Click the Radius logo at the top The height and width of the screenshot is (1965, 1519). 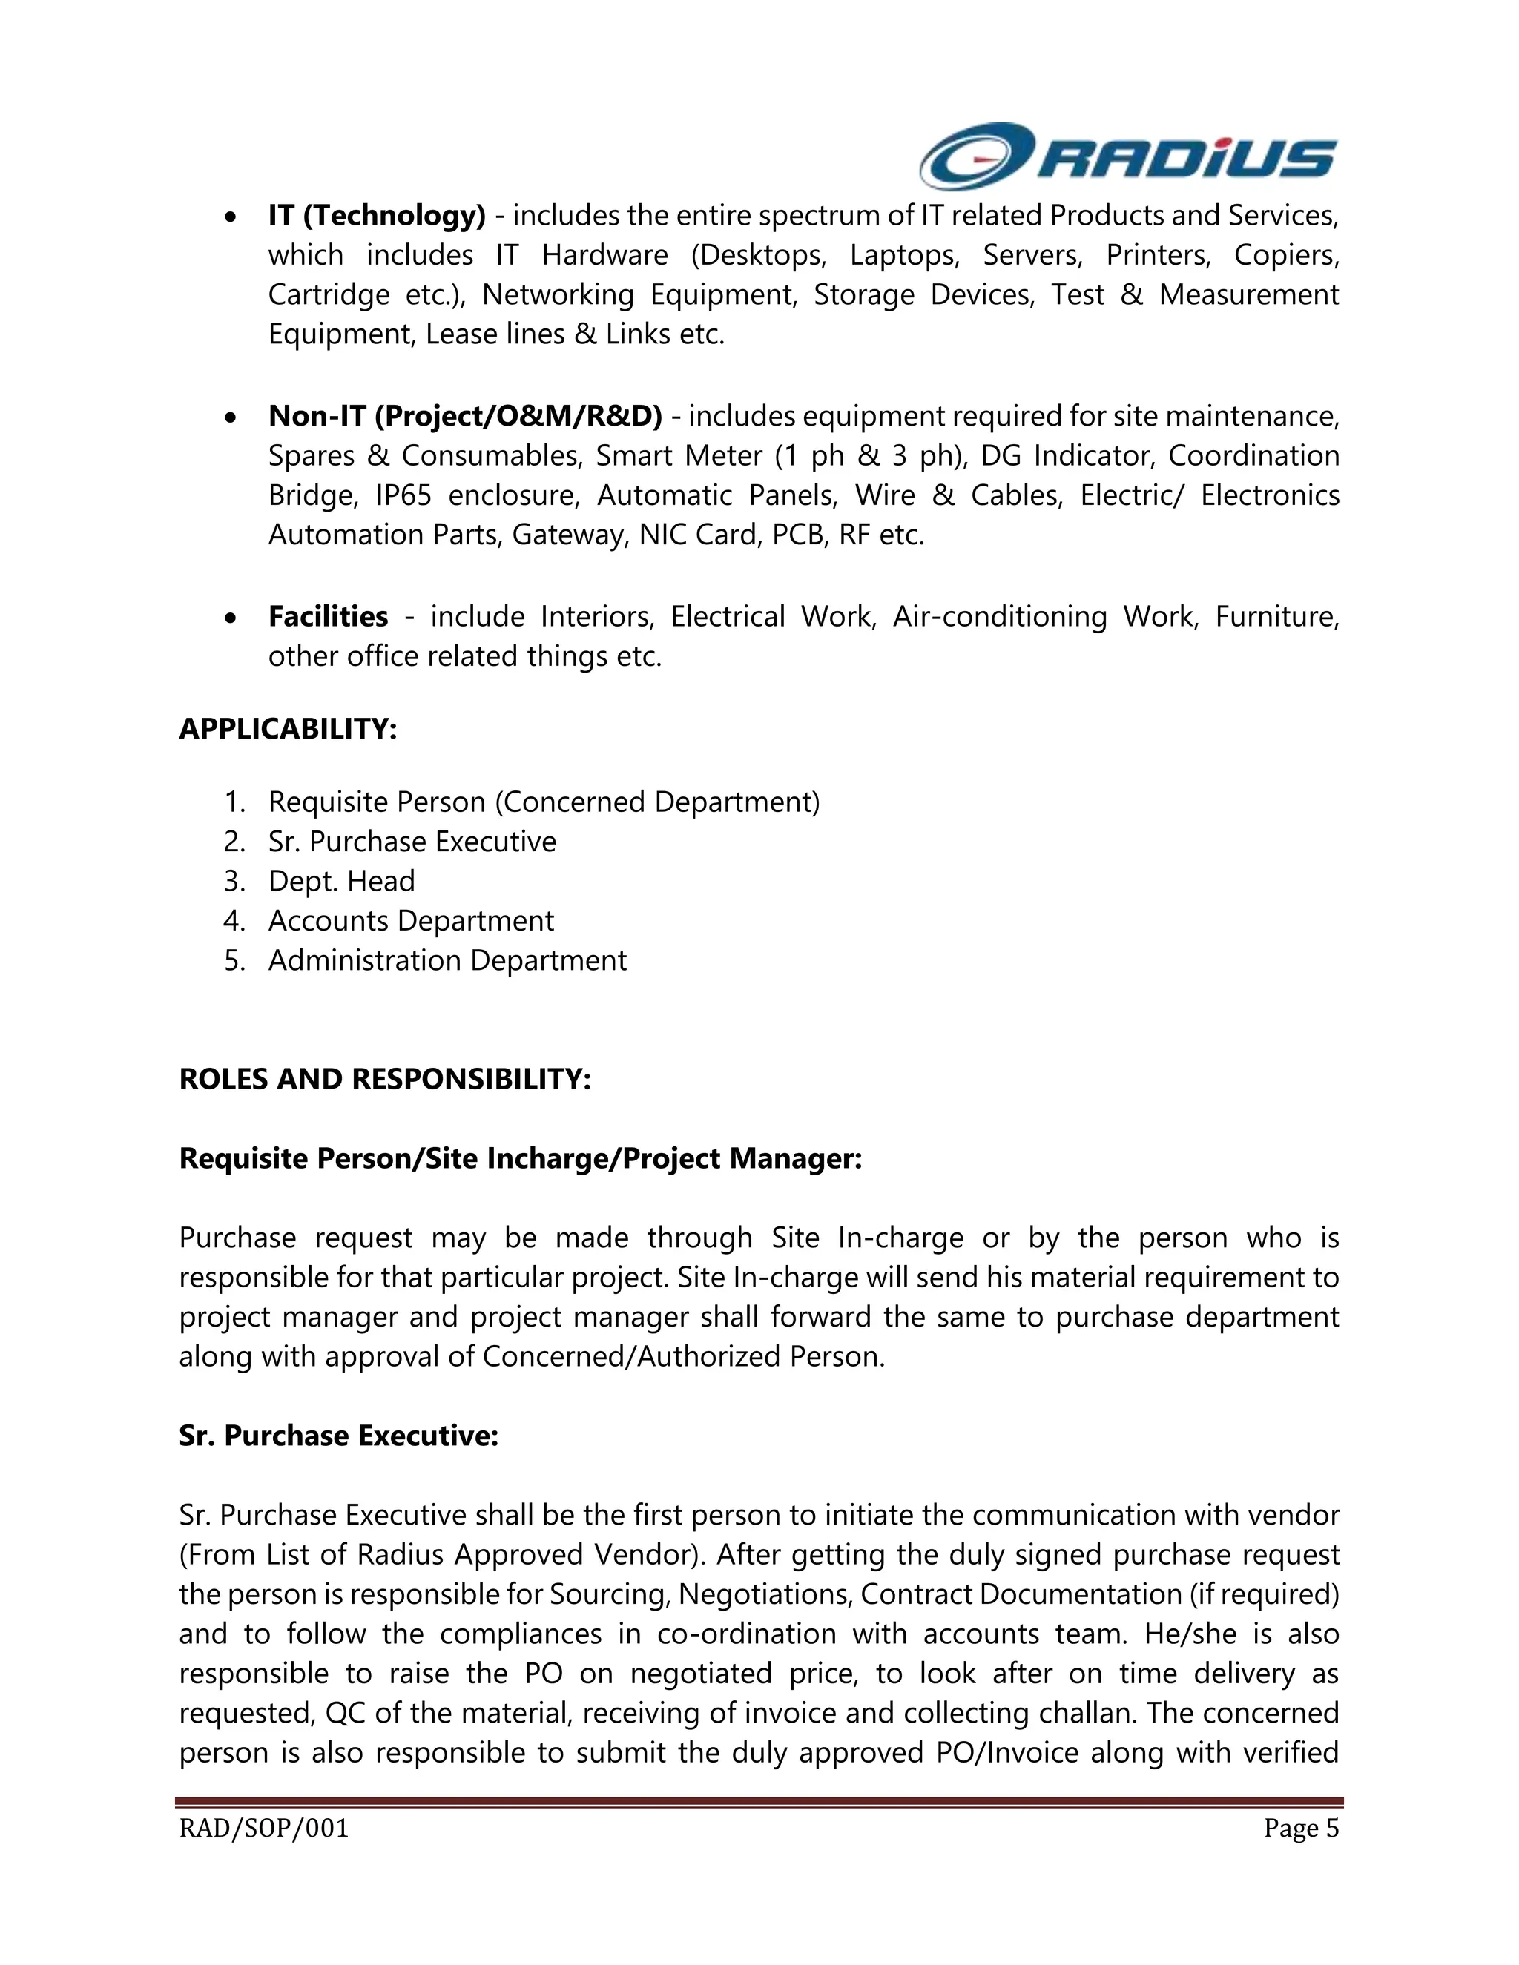point(1127,156)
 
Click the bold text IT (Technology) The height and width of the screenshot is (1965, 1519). point(376,216)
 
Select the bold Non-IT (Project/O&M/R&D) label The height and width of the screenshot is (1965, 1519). point(464,417)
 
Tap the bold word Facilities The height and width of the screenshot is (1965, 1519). point(328,617)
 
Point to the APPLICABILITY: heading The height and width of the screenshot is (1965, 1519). point(288,729)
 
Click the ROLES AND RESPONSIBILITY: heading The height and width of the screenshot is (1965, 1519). point(385,1079)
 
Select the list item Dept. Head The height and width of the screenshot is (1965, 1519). point(341,882)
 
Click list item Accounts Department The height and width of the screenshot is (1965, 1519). point(410,921)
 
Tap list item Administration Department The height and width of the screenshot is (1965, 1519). point(447,961)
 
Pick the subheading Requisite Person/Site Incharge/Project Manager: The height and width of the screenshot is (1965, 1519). point(520,1159)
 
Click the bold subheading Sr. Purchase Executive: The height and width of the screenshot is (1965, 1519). point(338,1436)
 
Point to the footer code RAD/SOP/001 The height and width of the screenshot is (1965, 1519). point(263,1829)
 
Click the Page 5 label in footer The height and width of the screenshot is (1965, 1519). point(1300,1829)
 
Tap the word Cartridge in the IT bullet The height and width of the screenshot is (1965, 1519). point(328,295)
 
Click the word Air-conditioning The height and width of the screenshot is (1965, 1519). point(999,617)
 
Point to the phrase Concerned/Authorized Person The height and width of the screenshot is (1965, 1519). point(683,1357)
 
